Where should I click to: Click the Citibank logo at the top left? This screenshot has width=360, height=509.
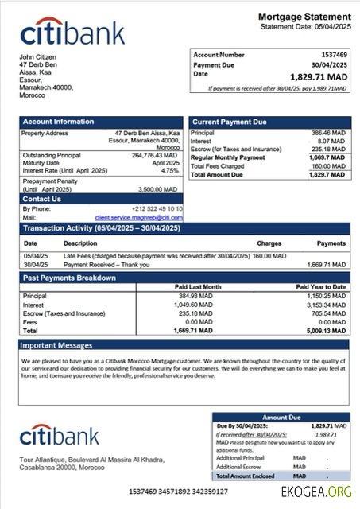72,33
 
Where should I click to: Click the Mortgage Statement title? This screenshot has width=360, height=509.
304,17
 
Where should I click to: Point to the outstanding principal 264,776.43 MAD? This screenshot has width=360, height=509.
155,155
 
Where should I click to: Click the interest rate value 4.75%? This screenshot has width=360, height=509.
170,171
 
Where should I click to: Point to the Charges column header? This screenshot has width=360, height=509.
269,243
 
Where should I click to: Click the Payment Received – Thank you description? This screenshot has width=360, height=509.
106,264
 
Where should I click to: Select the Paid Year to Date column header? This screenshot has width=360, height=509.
320,286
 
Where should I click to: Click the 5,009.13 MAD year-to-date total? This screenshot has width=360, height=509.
325,330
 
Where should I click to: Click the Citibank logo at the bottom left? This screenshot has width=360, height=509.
60,435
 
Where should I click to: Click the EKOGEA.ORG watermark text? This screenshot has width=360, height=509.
316,492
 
